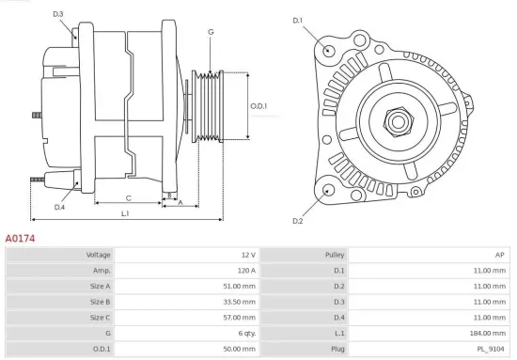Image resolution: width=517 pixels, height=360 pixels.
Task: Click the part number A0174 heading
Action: [21, 239]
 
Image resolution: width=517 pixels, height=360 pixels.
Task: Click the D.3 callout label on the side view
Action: [58, 14]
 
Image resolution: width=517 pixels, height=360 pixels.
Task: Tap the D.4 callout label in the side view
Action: [59, 207]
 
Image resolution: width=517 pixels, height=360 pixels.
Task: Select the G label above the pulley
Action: [211, 32]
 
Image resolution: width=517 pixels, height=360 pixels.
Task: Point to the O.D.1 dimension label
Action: [258, 106]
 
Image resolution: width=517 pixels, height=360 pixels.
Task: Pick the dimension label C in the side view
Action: [128, 198]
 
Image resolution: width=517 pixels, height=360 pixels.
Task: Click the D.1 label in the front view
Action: [298, 20]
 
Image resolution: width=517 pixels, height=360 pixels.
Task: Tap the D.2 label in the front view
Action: [298, 221]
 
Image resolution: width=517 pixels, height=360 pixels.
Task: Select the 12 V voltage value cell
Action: [248, 255]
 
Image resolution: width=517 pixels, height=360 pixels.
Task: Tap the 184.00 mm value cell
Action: [491, 333]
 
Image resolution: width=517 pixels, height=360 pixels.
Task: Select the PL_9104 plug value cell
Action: [493, 349]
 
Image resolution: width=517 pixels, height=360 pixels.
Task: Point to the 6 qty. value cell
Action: [245, 333]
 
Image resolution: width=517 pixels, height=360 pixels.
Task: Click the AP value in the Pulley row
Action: [501, 255]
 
